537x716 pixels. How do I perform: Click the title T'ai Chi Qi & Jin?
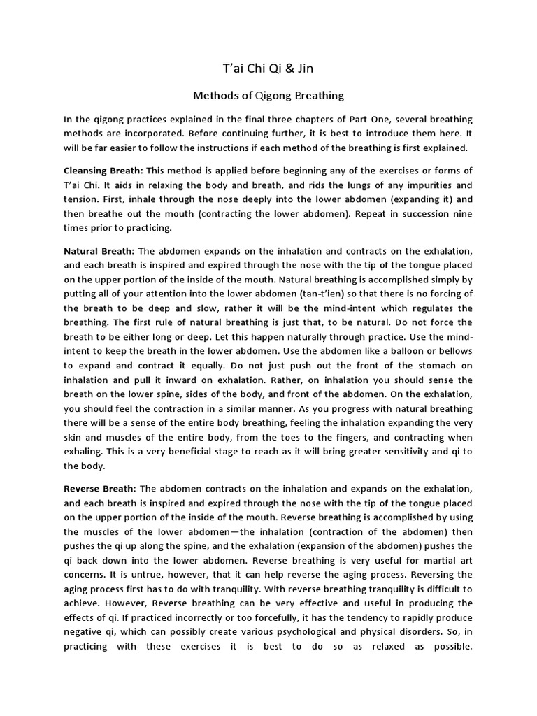(x=268, y=68)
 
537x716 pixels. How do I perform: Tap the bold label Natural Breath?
(x=99, y=250)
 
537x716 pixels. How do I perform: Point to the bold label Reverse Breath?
(x=99, y=488)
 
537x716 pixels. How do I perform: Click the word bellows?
(x=454, y=350)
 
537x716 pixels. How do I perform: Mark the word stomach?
(x=432, y=365)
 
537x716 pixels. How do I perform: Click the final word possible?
(x=449, y=646)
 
